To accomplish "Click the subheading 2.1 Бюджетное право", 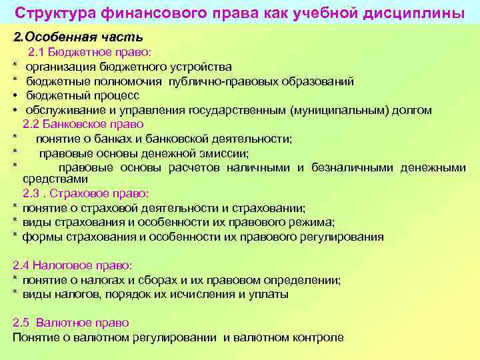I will pos(90,52).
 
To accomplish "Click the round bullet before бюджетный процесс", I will pos(15,96).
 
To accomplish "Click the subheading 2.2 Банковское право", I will pos(83,124).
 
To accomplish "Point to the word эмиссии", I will pos(226,153).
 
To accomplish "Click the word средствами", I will pos(55,179).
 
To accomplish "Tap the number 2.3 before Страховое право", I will pos(31,193).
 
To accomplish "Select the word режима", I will pos(313,222).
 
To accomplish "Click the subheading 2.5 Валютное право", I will pos(71,323).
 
